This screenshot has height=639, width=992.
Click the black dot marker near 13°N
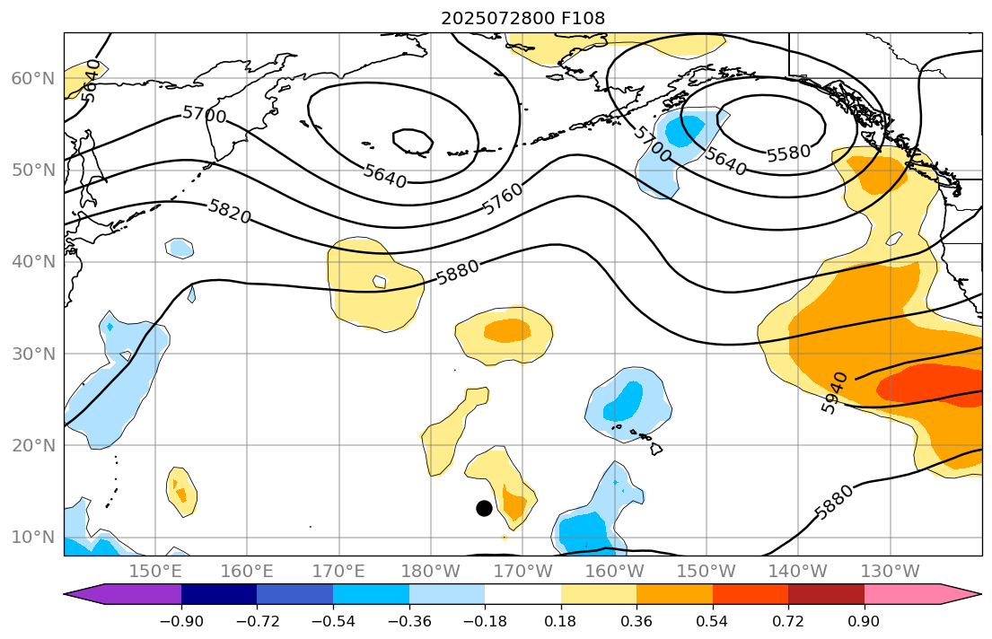pos(484,508)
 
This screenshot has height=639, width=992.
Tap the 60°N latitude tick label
pos(32,79)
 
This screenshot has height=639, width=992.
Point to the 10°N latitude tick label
pos(32,538)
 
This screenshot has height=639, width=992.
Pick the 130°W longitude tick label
pos(890,571)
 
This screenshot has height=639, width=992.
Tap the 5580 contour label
pos(788,153)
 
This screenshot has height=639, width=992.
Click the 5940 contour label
pos(835,392)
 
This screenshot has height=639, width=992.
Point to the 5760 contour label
pos(503,200)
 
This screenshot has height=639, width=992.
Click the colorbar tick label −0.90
pos(181,621)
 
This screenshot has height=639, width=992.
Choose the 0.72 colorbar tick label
pos(788,621)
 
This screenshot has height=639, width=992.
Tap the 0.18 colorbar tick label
pos(561,621)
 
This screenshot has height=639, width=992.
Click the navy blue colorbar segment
pos(219,594)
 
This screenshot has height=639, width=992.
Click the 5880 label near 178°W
pos(458,271)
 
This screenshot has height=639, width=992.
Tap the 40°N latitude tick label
pos(32,262)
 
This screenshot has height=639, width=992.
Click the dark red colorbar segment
pos(826,594)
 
